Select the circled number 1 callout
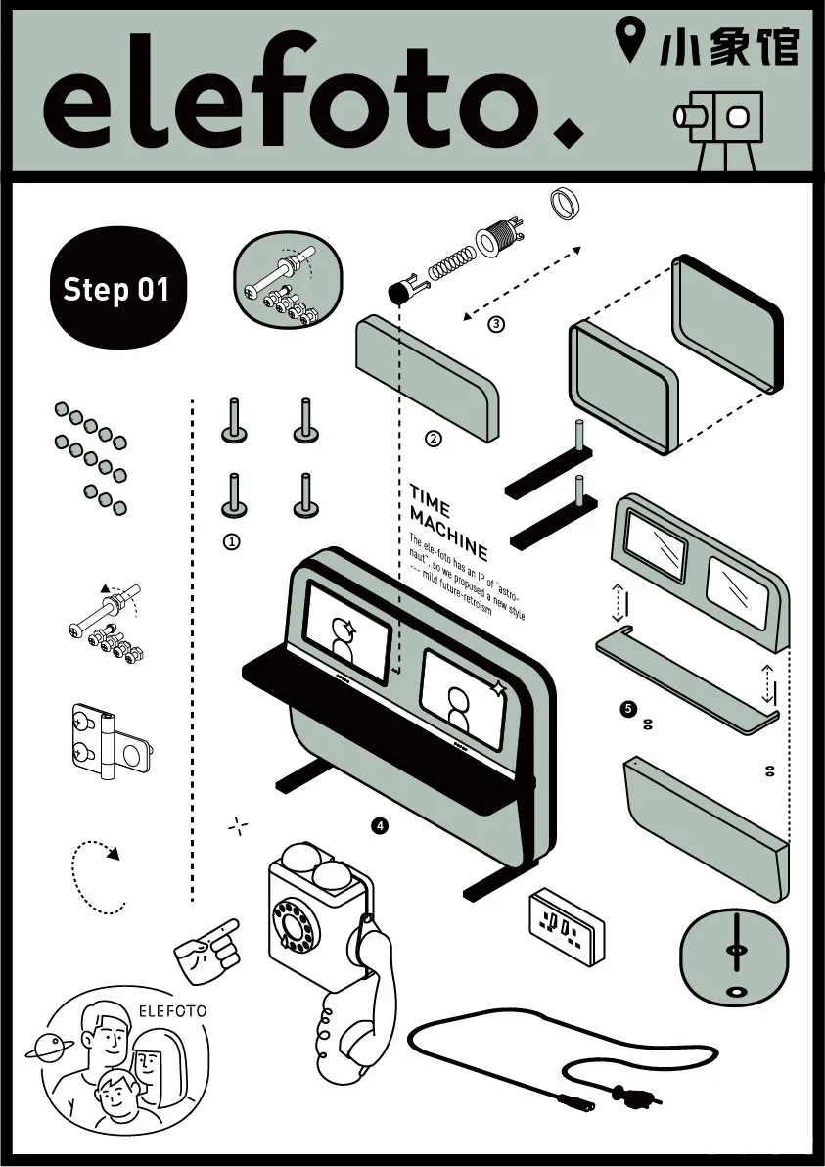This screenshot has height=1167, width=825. pos(232,540)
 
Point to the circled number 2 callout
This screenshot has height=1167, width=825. pos(434,439)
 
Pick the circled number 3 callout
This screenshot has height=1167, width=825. pos(496,325)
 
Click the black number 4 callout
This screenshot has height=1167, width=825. pos(380,826)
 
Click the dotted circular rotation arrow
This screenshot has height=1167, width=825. pos(99,875)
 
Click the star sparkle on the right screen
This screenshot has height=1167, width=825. pos(499,689)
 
